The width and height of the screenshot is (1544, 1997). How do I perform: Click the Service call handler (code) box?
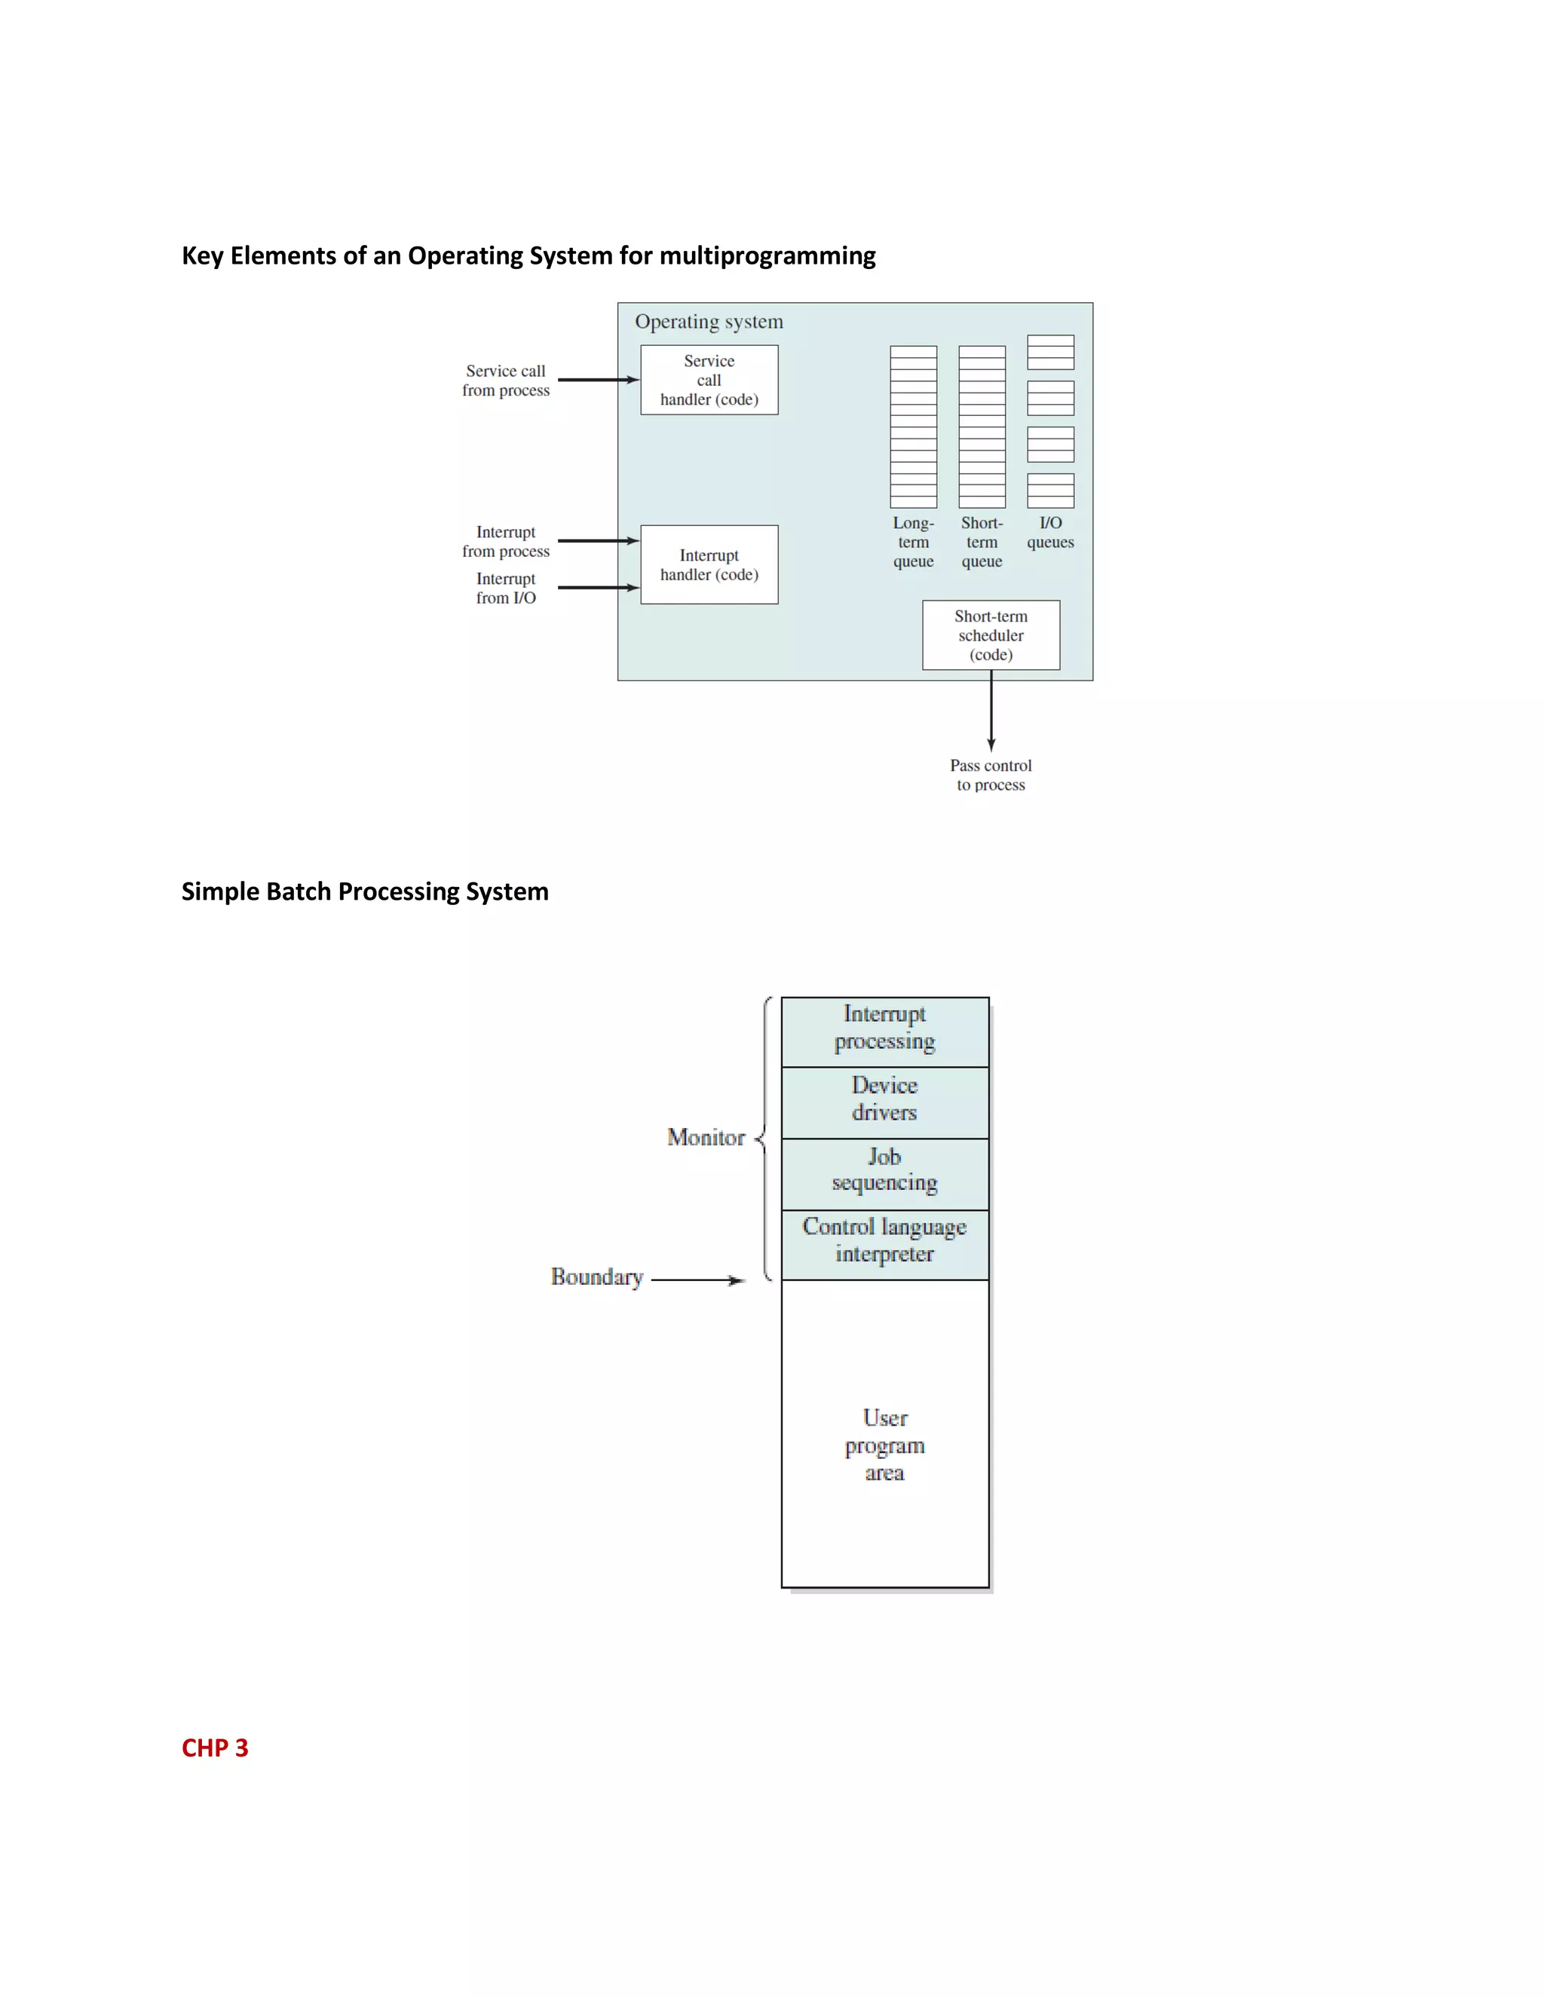point(709,380)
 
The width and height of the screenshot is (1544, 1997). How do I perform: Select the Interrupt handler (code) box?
point(709,564)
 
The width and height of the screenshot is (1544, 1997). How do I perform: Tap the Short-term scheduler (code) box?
point(991,635)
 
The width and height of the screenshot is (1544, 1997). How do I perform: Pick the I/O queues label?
point(1050,532)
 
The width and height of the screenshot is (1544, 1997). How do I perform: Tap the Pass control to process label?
point(991,775)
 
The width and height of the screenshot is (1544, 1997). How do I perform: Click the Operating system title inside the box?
point(709,321)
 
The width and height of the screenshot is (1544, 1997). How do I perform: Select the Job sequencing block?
point(884,1171)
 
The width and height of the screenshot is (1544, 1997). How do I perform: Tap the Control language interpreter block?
point(884,1242)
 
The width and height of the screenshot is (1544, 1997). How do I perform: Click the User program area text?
point(884,1445)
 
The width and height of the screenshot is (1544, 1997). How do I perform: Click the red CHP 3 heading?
point(215,1748)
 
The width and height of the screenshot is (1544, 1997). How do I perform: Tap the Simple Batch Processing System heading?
point(365,891)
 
